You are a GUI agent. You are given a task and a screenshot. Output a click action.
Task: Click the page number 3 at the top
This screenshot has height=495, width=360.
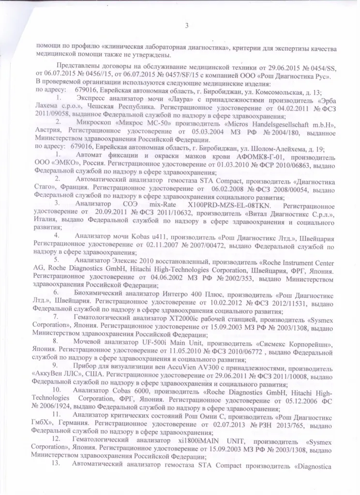(186, 26)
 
